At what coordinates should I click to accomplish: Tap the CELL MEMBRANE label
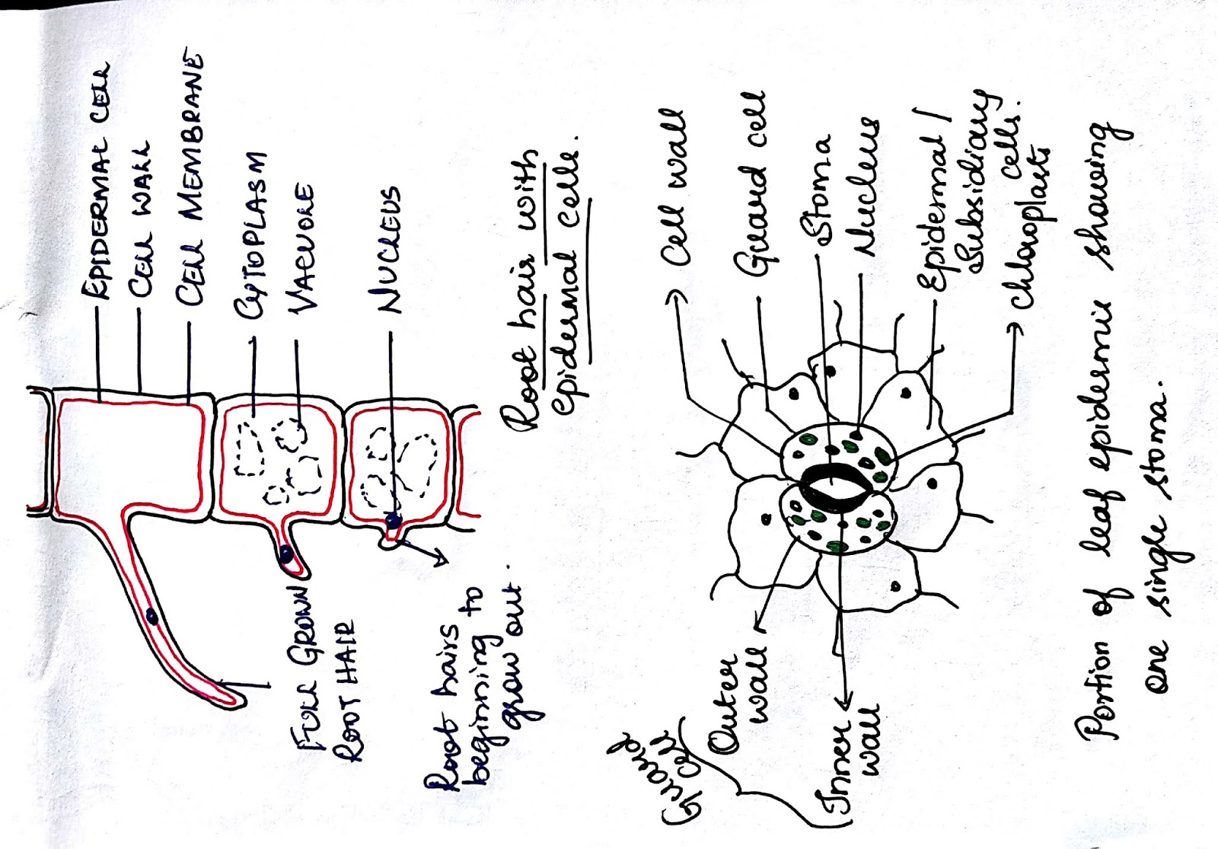pos(190,179)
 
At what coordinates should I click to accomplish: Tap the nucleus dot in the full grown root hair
pos(152,617)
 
